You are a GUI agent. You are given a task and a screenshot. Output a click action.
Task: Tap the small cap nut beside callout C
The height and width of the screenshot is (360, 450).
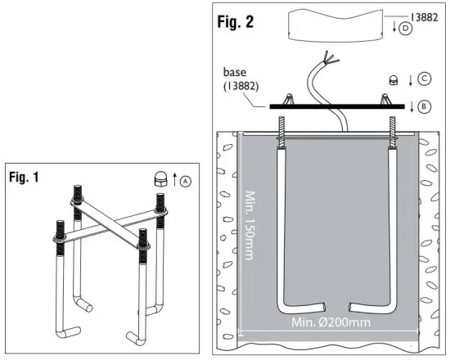pos(394,80)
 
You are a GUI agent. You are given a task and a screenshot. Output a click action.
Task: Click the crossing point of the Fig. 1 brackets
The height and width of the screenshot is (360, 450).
pos(114,223)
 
